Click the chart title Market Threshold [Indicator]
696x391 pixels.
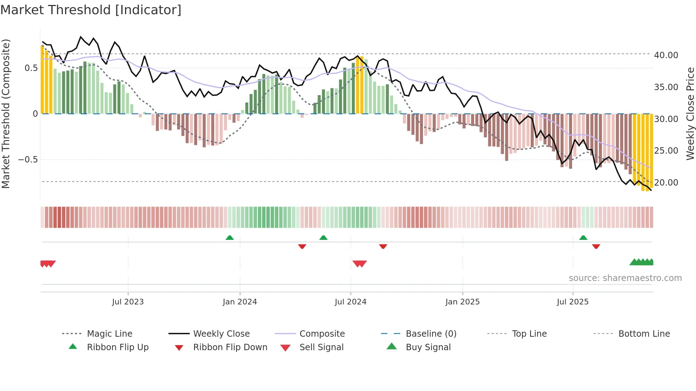pos(91,10)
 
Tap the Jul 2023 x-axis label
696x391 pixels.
pos(128,302)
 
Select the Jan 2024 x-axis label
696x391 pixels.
pos(240,302)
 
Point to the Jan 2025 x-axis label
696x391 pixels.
pos(462,302)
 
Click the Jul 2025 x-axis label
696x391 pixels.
pos(572,302)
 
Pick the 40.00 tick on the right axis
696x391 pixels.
pos(666,55)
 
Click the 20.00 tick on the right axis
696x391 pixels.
pos(666,183)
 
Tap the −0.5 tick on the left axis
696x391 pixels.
pos(28,160)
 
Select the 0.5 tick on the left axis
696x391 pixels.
pos(31,68)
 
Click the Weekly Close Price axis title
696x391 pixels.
pos(690,114)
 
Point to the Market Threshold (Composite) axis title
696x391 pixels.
pos(6,114)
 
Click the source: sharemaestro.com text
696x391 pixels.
pos(625,278)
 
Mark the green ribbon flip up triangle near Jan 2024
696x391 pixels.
pos(230,238)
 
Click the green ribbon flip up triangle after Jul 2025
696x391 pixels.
pos(583,238)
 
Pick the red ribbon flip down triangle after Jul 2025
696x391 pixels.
pos(596,246)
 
